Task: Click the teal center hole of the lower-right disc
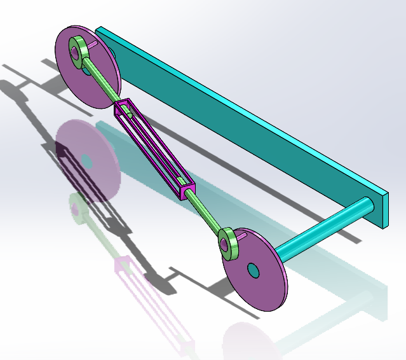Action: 254,270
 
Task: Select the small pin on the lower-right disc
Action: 242,238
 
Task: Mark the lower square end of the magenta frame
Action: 187,190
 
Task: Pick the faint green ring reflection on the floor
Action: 76,207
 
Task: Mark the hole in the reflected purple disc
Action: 88,162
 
